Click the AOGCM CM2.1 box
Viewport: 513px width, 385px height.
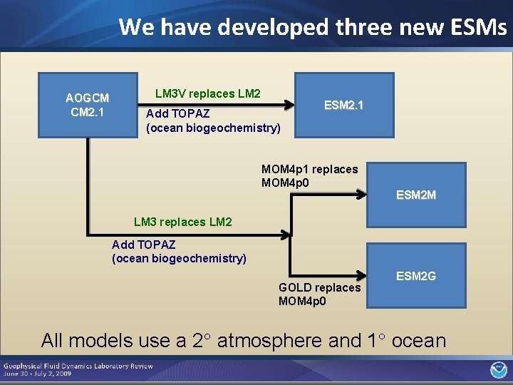87,105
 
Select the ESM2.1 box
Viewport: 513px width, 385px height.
344,105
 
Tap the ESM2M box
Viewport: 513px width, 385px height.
416,195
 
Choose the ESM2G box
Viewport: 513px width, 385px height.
416,275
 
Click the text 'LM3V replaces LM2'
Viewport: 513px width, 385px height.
208,93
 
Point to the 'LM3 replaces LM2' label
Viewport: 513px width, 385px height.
183,222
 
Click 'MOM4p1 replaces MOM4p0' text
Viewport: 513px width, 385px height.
309,175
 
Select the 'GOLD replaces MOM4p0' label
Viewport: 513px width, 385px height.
319,294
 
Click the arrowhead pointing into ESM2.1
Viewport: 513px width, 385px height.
290,105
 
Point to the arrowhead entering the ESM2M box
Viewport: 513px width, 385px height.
361,194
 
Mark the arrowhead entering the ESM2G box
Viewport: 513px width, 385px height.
361,274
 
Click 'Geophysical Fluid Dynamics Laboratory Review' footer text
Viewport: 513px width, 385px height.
78,366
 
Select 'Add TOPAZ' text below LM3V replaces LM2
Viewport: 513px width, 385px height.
177,114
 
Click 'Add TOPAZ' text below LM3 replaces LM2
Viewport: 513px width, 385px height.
143,245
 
